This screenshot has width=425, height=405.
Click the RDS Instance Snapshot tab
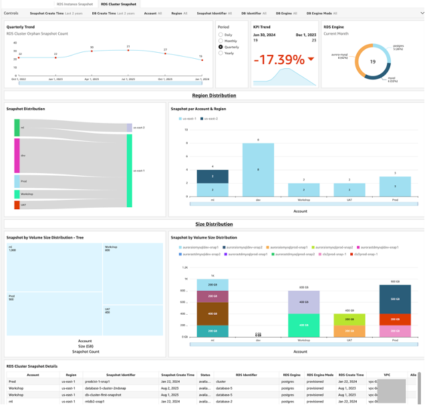75,4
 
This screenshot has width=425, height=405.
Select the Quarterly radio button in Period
221,47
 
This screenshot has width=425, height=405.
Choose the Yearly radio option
221,53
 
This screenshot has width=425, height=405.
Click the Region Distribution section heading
214,96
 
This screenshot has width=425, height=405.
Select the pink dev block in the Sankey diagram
17,155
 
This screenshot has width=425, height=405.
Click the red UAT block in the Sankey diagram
17,205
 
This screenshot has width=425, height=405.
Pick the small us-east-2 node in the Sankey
129,127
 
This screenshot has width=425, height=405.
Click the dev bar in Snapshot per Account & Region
257,169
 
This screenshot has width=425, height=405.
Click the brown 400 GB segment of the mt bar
212,313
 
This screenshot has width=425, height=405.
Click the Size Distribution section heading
214,225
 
